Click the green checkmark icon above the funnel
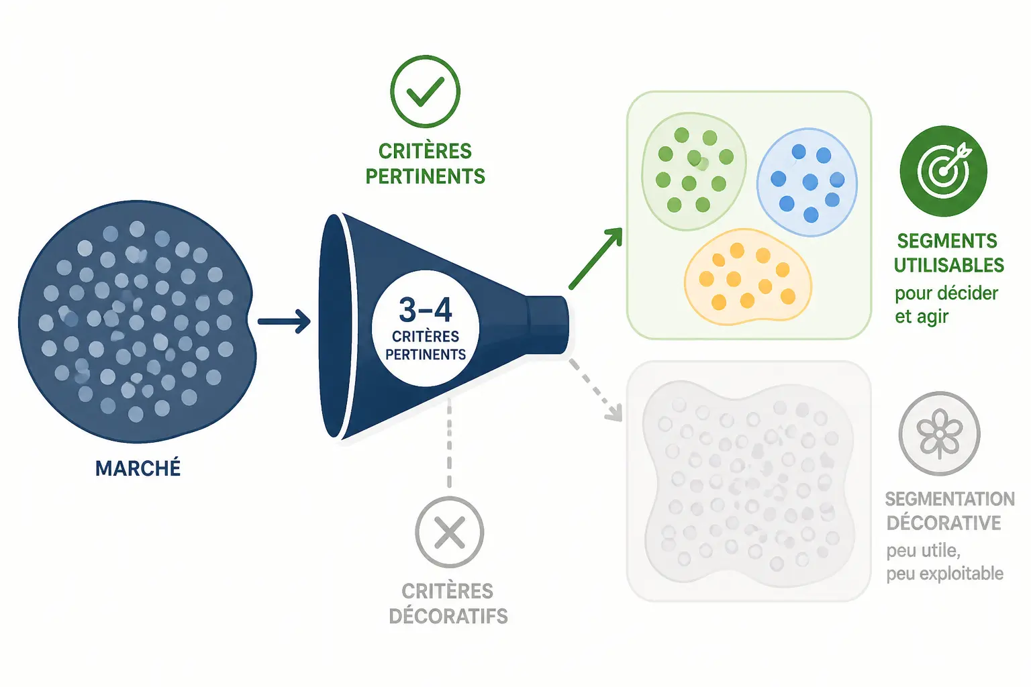click(x=425, y=91)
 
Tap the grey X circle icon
click(x=449, y=532)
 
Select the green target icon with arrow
click(x=943, y=170)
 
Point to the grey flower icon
click(x=939, y=433)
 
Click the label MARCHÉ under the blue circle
click(x=138, y=468)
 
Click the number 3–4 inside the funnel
click(x=426, y=310)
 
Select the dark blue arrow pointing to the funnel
click(x=284, y=321)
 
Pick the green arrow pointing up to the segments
click(x=595, y=258)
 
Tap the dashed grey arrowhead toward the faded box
click(x=613, y=413)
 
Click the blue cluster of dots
click(x=807, y=182)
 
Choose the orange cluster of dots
click(x=748, y=276)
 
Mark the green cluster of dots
click(x=693, y=171)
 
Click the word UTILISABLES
click(x=948, y=266)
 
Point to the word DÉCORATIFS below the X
click(x=448, y=616)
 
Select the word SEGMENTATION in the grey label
click(x=950, y=498)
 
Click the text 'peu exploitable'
click(x=944, y=574)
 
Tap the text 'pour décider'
click(x=946, y=293)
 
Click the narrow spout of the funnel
click(x=548, y=325)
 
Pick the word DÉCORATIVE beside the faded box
click(x=944, y=523)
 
